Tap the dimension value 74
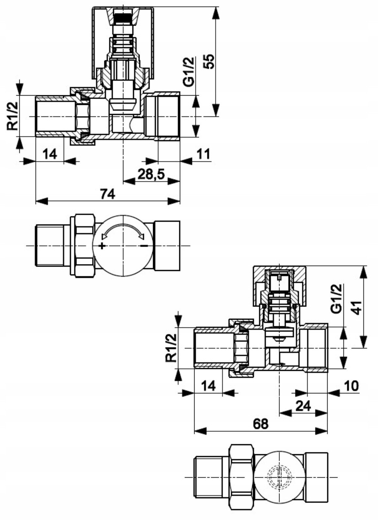point(108,194)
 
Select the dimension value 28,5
point(151,174)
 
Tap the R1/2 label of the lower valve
point(171,348)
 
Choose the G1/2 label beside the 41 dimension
point(337,299)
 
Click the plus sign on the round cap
point(102,246)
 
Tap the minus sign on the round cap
point(144,245)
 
